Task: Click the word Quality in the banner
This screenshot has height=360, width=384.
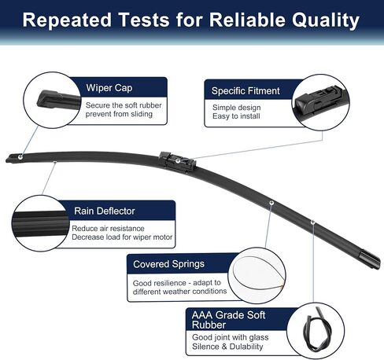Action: (326, 20)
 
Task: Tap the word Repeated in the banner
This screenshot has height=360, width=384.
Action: (67, 20)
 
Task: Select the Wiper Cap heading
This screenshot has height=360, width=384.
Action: (109, 88)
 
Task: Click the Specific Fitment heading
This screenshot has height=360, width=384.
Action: (246, 91)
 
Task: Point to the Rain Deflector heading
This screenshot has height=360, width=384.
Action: (105, 211)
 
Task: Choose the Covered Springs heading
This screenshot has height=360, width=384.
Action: (168, 264)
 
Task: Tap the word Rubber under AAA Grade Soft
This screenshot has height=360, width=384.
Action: (209, 325)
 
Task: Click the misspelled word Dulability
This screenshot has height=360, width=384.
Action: (246, 347)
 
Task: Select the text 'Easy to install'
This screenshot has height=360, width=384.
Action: (236, 116)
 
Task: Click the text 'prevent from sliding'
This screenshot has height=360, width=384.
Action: (119, 114)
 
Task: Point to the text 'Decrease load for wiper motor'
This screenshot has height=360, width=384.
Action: (122, 237)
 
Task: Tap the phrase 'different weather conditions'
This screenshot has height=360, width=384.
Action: (179, 292)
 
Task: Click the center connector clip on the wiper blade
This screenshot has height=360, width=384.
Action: (178, 162)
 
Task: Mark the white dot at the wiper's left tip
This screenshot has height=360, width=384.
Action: (20, 157)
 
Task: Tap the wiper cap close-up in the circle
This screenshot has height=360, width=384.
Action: (57, 100)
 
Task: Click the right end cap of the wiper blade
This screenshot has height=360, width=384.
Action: (370, 259)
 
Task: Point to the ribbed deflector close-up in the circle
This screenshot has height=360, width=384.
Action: (40, 223)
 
